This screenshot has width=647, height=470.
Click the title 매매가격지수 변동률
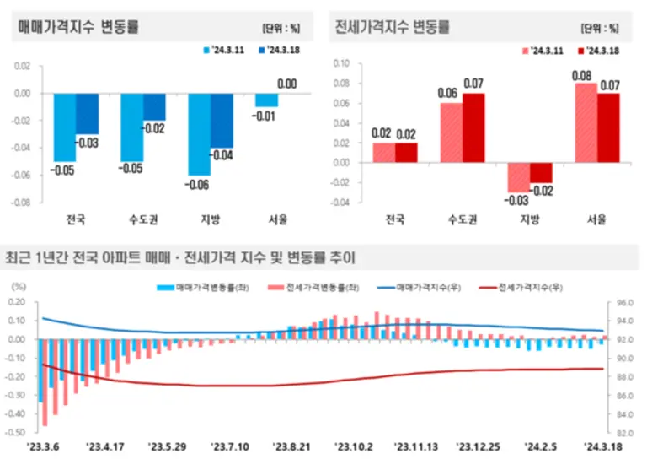pos(79,26)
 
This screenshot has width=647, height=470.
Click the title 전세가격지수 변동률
pos(393,26)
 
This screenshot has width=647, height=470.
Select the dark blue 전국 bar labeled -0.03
pos(87,113)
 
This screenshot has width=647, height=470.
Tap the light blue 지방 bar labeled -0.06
pos(199,134)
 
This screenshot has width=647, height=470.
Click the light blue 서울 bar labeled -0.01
pos(266,100)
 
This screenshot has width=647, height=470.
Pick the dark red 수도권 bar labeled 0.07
pos(473,127)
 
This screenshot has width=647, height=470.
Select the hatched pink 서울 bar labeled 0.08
pos(585,122)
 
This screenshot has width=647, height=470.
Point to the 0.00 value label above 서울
pos(287,84)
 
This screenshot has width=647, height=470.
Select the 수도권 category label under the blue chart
pos(142,220)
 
